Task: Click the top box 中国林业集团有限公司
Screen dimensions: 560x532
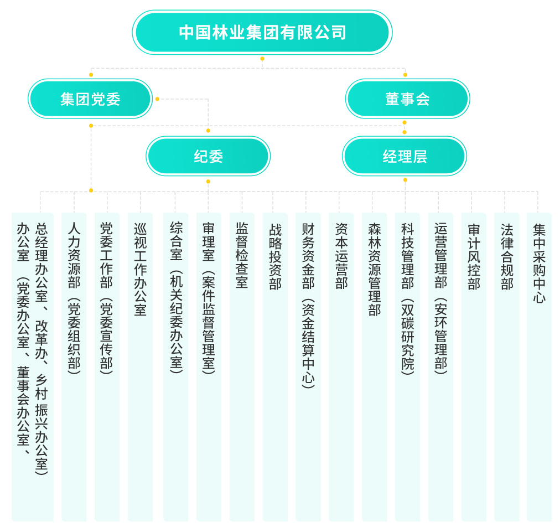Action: pos(262,32)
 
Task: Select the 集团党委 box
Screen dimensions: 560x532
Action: pos(90,99)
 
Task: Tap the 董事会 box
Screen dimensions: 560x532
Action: pos(407,99)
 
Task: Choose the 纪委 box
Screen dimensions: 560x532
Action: pos(208,156)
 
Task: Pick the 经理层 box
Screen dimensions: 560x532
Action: pos(405,156)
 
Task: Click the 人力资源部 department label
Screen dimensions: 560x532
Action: pos(74,255)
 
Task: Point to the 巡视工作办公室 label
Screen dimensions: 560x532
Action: pos(141,270)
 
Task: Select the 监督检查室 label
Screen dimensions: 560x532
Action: pos(242,255)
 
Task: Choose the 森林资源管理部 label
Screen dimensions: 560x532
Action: pos(374,270)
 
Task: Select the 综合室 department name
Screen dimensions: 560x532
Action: pos(176,241)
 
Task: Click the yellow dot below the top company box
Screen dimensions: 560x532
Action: pos(262,59)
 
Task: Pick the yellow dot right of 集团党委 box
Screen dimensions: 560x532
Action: pos(157,99)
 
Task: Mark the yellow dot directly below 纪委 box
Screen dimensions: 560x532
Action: pos(208,182)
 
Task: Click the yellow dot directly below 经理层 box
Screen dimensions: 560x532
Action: pos(405,180)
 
